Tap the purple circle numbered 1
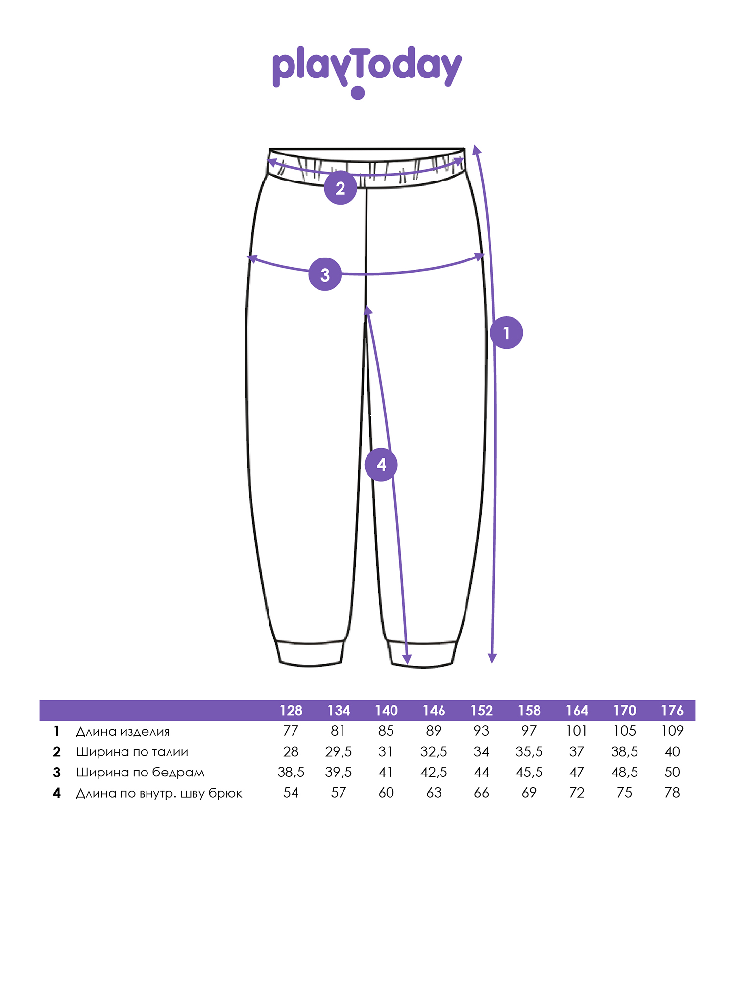[x=506, y=333]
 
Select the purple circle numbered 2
[x=340, y=188]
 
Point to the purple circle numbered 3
[x=325, y=274]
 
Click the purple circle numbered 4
[x=381, y=464]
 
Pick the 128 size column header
[x=291, y=710]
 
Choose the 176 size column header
[x=672, y=710]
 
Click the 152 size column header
[x=482, y=710]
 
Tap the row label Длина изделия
[x=122, y=731]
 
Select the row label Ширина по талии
[x=132, y=752]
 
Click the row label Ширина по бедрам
[x=140, y=773]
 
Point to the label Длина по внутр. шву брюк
[x=159, y=793]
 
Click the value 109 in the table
[x=672, y=731]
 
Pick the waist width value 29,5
[x=339, y=752]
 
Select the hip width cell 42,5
[x=434, y=773]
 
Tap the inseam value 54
[x=291, y=793]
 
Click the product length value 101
[x=577, y=731]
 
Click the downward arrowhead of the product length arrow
[x=492, y=658]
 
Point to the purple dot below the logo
[x=358, y=93]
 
